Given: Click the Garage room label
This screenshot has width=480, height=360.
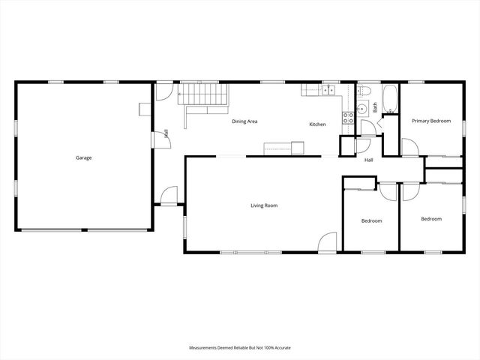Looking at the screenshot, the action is click(x=83, y=158).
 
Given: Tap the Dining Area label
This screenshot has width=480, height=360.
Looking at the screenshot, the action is click(x=244, y=121).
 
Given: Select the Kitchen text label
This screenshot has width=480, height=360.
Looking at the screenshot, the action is click(x=317, y=124).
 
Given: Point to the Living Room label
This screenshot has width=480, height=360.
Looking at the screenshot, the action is click(x=264, y=205).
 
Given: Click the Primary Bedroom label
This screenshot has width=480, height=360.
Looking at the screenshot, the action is click(x=431, y=121).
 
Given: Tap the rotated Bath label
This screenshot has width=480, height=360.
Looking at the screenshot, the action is click(x=375, y=107).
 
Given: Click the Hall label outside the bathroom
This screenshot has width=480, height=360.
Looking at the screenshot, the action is click(x=368, y=160).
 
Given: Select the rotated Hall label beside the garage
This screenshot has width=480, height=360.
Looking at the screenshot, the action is click(x=166, y=133).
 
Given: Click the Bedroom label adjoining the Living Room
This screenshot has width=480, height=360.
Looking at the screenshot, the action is click(x=372, y=220).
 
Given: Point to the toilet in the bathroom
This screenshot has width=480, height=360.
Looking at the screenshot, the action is click(x=364, y=91).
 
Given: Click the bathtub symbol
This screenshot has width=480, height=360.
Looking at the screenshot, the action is click(x=390, y=98).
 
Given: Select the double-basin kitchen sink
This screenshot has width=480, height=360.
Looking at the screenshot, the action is click(x=328, y=90).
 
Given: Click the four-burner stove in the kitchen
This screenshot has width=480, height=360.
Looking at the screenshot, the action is click(x=348, y=118).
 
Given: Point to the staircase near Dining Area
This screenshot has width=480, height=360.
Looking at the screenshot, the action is click(x=203, y=94).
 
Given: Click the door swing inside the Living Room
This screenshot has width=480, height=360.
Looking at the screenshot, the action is click(x=328, y=241).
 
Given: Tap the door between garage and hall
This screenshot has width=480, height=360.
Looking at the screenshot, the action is click(x=162, y=140).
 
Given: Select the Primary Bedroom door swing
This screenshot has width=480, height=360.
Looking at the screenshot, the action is click(x=410, y=148).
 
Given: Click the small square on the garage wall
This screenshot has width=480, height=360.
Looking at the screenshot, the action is click(x=145, y=109).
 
